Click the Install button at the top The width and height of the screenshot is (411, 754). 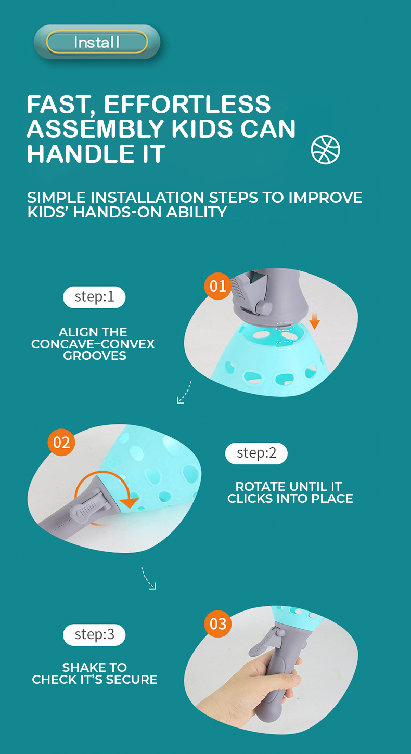point(97,42)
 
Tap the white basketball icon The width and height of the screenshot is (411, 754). point(326,150)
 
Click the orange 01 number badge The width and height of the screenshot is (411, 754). point(217,286)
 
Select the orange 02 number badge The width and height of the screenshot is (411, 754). point(61,443)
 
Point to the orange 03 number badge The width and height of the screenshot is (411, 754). point(217,623)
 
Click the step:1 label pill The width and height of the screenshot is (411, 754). point(94,297)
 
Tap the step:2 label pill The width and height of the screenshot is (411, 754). point(256,453)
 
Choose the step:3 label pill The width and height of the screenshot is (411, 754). point(94,634)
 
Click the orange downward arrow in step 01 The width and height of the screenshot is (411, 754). point(314,321)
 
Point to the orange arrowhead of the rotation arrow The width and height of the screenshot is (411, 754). point(129,502)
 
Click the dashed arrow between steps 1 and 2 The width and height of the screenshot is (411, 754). point(185,392)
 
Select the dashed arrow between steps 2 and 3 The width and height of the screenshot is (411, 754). point(148,578)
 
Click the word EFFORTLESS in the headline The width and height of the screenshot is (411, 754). point(187,104)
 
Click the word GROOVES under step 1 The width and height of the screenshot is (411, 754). point(95,356)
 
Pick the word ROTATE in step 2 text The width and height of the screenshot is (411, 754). point(258,486)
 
